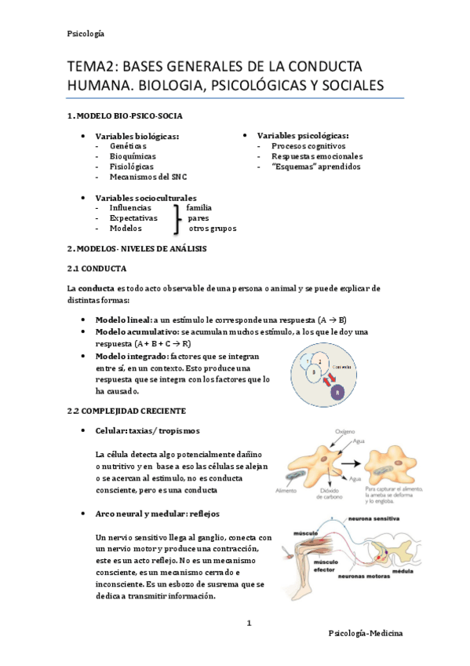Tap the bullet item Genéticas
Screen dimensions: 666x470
(128, 146)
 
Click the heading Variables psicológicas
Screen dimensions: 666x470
(303, 135)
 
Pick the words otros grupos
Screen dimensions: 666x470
(213, 229)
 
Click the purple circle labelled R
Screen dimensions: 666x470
(337, 390)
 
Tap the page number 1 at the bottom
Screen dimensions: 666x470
(249, 624)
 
